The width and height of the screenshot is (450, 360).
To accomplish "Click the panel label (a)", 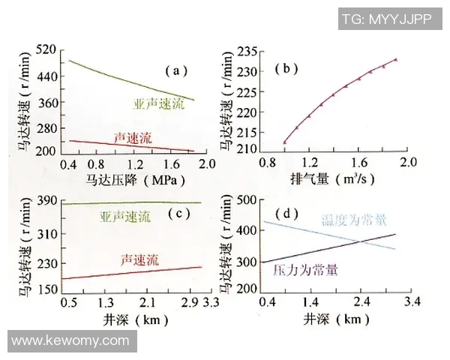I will [x=175, y=71].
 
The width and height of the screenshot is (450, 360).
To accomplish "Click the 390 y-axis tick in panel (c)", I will [x=46, y=200].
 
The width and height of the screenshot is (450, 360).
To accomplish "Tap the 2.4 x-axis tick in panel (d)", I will [x=362, y=301].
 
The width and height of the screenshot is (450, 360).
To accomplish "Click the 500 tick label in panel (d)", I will [x=247, y=200].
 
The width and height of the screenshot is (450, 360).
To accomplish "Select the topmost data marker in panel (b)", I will [x=395, y=60].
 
